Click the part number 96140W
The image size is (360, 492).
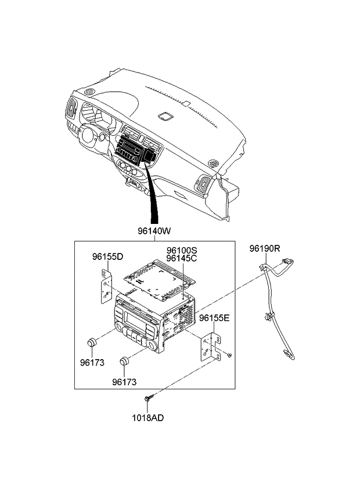[154, 231]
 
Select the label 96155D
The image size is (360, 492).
[107, 256]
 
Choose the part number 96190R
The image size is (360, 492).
[265, 248]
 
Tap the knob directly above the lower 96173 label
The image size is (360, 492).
[124, 363]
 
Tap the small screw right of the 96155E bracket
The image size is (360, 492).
[230, 354]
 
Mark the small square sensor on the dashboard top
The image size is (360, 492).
[166, 116]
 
